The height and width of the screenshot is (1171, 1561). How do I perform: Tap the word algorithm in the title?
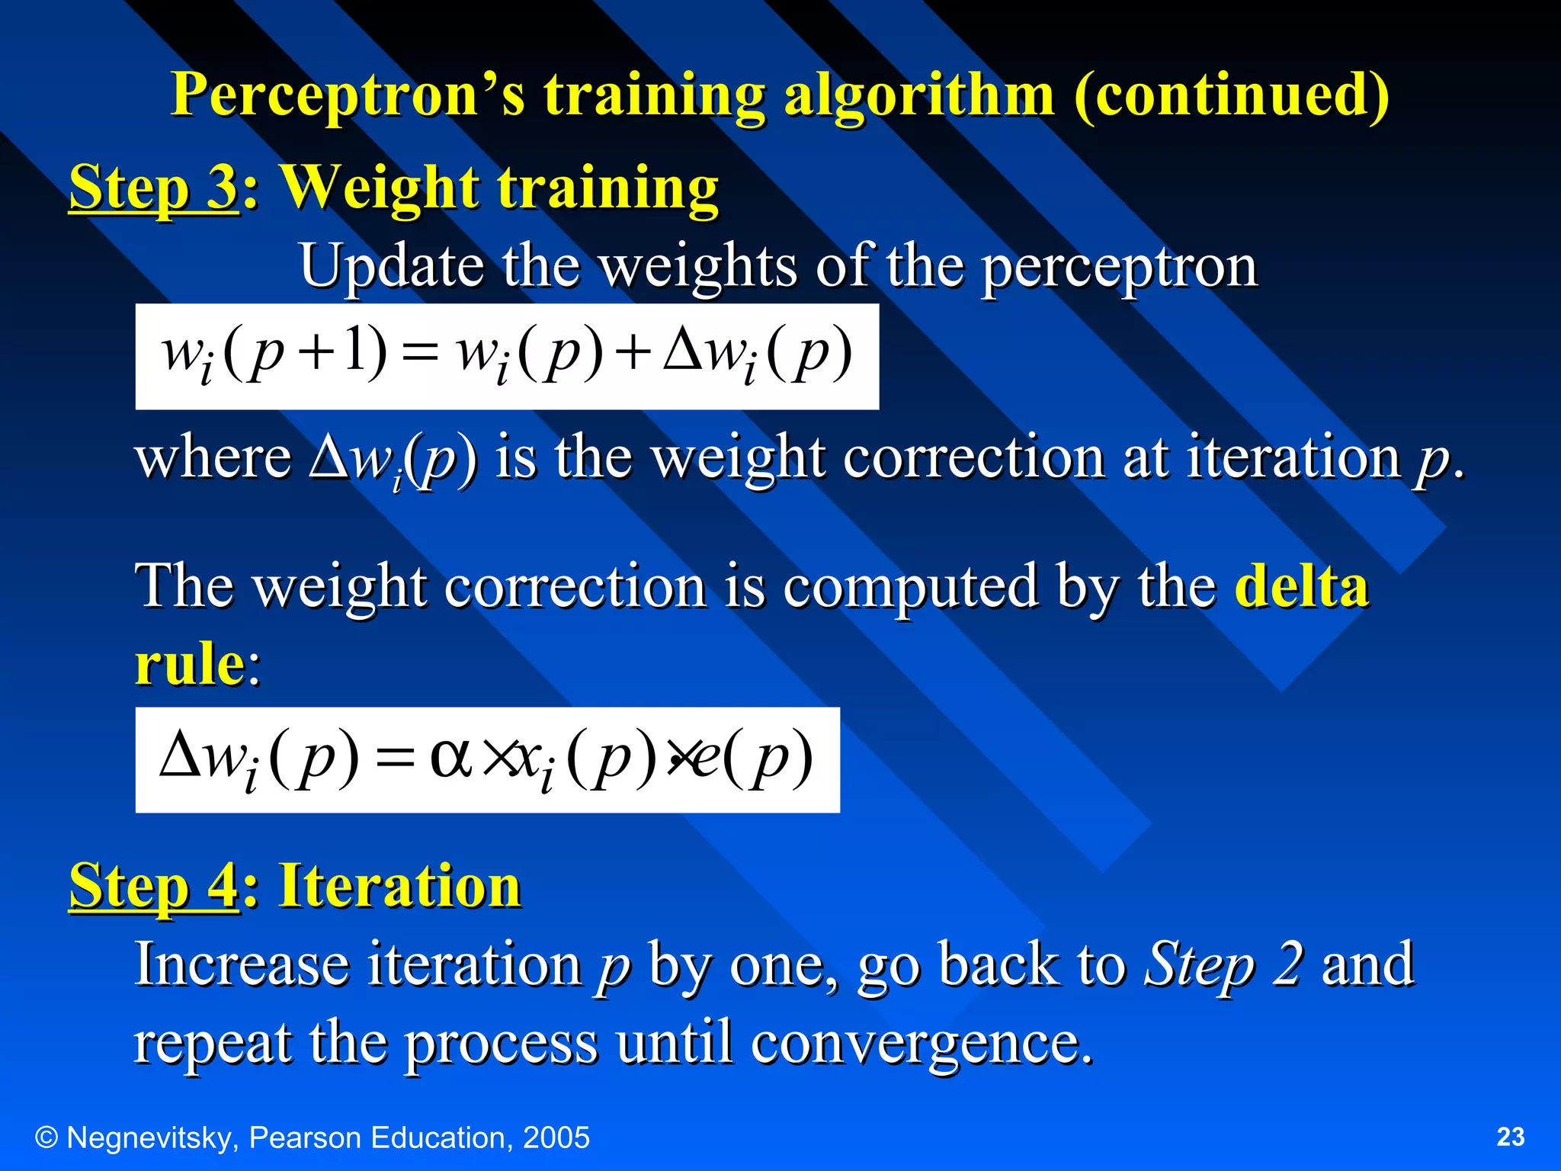[919, 96]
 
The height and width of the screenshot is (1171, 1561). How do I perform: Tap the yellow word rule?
[189, 663]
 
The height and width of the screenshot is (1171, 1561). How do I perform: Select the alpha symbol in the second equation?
[451, 756]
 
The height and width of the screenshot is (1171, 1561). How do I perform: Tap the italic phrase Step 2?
[1224, 964]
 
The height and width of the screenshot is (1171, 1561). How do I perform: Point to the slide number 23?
[1510, 1137]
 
